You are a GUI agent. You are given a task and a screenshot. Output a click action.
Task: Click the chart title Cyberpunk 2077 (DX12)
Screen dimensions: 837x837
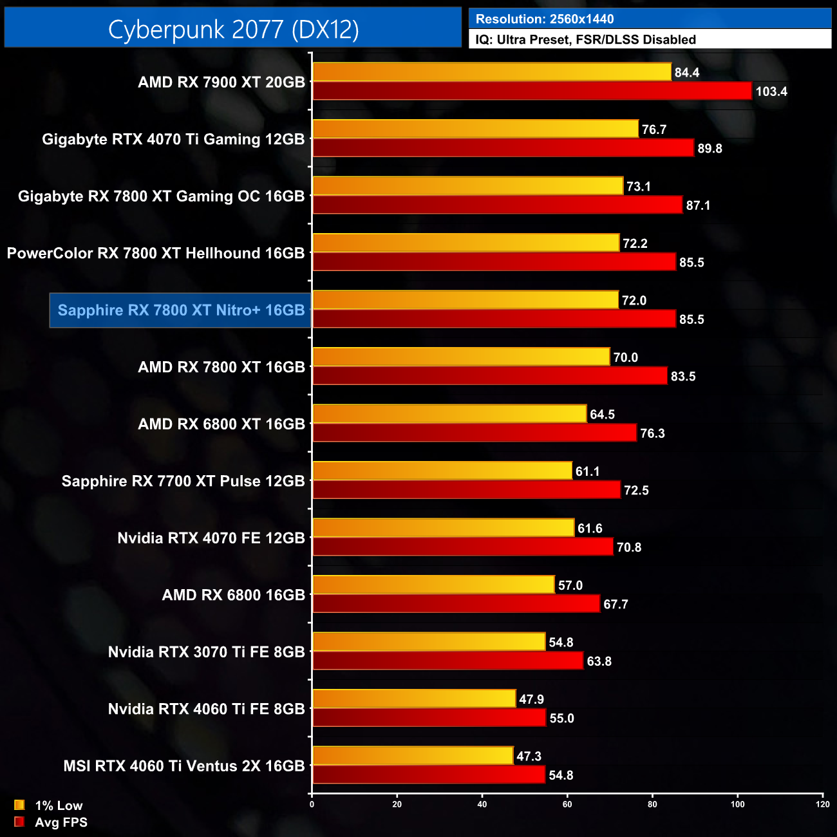coord(233,29)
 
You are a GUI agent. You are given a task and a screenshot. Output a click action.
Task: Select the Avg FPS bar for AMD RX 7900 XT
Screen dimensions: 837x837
coord(532,91)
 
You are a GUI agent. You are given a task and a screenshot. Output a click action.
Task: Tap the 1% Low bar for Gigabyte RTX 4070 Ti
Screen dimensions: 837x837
coord(475,129)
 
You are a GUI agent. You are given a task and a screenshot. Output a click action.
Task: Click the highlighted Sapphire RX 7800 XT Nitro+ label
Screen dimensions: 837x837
coord(181,310)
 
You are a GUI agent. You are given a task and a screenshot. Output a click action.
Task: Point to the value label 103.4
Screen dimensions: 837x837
coord(771,91)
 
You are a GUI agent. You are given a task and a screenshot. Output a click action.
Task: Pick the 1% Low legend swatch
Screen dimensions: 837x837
coord(19,805)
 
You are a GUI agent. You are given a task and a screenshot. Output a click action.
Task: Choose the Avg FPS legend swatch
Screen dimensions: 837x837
coord(19,822)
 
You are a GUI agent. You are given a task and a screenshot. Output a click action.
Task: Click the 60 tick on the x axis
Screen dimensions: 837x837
coord(567,804)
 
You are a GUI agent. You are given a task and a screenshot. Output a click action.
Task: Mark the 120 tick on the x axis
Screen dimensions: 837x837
coord(822,804)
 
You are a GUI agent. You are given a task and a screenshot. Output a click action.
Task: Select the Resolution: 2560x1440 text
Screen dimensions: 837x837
coord(545,19)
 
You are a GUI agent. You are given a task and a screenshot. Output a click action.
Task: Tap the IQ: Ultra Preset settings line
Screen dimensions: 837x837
coord(585,40)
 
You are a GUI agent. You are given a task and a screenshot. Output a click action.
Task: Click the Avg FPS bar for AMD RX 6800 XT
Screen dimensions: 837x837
coord(474,433)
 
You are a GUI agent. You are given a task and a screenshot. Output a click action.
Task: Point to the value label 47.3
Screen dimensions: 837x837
coord(529,757)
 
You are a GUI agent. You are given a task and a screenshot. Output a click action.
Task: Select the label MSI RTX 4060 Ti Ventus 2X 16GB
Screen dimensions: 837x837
coord(184,766)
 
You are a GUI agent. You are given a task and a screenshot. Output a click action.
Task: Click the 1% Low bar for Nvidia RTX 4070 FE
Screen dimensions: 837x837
coord(443,528)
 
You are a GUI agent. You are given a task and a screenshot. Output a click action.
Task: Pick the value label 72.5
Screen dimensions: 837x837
coord(636,491)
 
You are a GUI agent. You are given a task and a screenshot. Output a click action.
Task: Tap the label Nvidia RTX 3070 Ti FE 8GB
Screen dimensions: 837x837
coord(206,652)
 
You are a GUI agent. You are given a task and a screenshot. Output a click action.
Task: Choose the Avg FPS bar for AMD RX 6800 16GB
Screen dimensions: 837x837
coord(456,604)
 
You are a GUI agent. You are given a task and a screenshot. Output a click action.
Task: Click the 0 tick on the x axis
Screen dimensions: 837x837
coord(312,804)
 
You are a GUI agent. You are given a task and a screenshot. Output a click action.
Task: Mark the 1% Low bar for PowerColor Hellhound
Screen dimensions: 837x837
coord(466,243)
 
